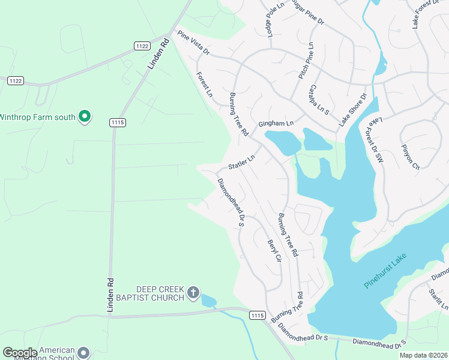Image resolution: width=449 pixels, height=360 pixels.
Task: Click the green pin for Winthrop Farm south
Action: pos(85,116)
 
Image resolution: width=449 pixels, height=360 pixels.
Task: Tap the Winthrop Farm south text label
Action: pos(37,116)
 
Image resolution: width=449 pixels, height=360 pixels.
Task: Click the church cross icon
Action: pos(193,293)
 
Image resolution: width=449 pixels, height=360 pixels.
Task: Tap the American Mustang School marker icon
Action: pos(83,353)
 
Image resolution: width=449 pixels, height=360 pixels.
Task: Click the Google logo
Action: pos(20,353)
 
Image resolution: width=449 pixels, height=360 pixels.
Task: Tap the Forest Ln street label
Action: pos(205,85)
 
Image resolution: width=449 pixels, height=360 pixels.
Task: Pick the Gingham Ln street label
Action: pos(276,124)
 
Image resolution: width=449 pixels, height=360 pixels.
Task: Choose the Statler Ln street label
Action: pos(241,162)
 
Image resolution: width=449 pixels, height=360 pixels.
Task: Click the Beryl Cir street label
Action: pos(274,251)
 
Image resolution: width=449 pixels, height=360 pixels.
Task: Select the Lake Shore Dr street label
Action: pos(352,109)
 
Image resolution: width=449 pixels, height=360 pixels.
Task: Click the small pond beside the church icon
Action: pos(208,300)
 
